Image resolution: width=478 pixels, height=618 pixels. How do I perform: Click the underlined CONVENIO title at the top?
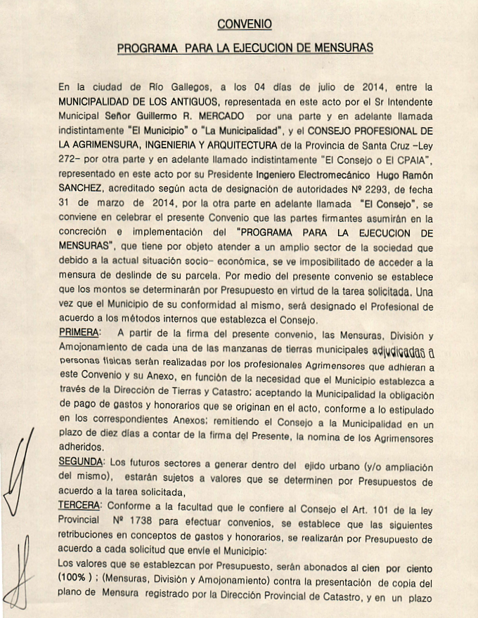click(244, 24)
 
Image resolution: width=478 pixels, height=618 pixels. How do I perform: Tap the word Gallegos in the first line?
click(190, 88)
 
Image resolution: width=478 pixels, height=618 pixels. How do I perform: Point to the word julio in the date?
click(324, 88)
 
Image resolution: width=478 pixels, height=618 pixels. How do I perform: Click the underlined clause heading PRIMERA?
click(79, 331)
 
